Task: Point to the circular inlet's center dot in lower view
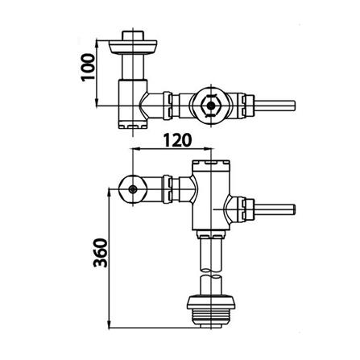pyautogui.click(x=132, y=188)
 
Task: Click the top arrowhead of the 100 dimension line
pyautogui.click(x=98, y=38)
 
